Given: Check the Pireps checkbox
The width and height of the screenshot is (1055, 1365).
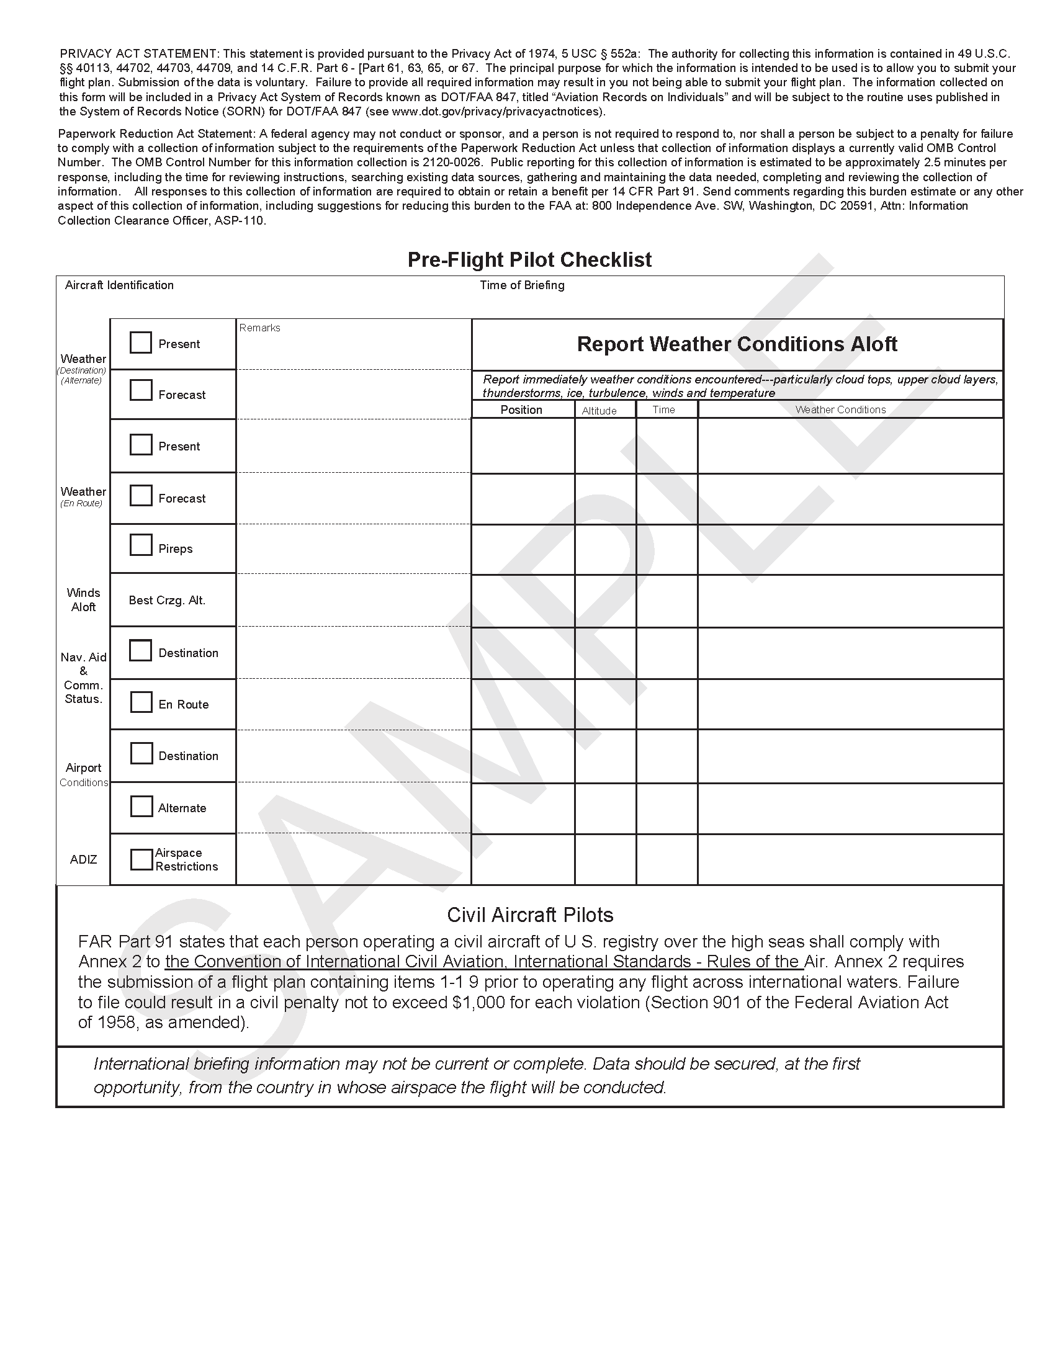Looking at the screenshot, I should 141,545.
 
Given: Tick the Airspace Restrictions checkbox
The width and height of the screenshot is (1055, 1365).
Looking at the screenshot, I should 141,859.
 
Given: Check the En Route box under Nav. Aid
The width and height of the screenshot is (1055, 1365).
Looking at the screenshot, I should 141,702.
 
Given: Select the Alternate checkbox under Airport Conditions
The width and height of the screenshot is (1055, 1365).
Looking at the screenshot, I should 141,806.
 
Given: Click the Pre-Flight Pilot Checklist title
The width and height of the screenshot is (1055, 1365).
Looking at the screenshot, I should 529,260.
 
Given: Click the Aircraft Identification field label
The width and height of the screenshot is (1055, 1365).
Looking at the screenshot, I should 119,285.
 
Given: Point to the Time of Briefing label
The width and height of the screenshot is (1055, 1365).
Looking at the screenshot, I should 522,285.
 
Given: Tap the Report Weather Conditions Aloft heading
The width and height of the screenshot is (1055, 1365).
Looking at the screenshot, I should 737,344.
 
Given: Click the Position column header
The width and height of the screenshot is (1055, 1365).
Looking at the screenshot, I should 521,410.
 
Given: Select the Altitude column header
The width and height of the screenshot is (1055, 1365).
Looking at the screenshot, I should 599,411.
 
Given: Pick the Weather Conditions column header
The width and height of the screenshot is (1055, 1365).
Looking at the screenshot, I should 840,410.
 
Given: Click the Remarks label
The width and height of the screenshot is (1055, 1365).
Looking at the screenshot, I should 259,328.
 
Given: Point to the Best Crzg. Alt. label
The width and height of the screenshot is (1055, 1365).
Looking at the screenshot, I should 167,601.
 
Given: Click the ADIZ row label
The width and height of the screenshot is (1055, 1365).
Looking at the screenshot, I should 83,860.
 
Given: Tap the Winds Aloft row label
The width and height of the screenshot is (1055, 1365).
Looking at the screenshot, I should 83,600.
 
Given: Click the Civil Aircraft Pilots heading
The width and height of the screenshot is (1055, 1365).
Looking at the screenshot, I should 530,915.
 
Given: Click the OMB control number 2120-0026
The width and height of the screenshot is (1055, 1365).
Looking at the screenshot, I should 452,163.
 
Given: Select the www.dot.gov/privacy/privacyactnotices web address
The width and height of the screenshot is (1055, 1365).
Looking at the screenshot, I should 498,112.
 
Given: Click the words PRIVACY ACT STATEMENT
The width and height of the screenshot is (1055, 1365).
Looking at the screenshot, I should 139,54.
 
